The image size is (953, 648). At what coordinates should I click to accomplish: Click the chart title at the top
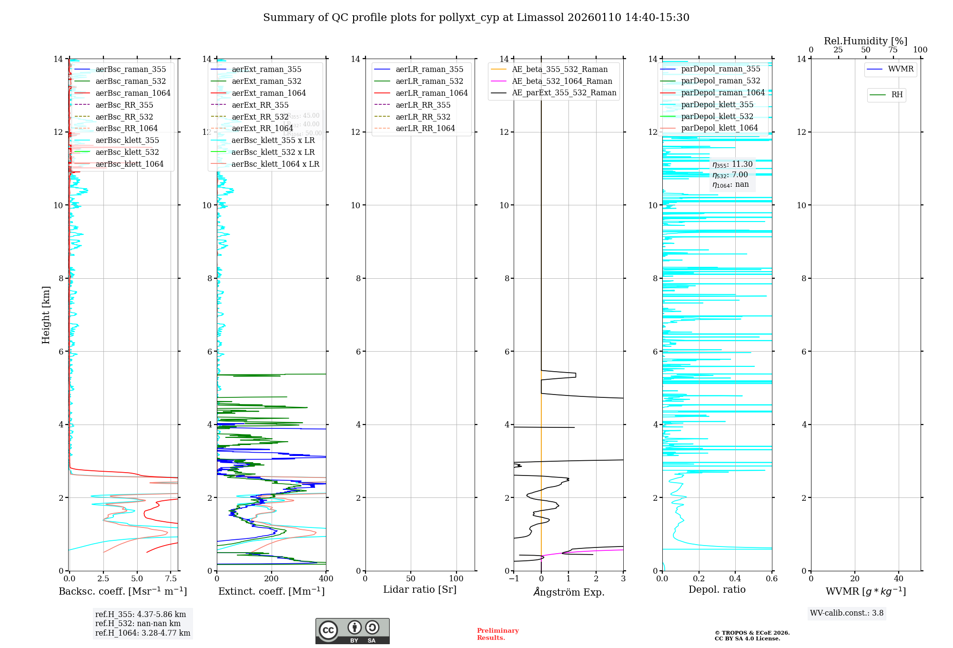476,18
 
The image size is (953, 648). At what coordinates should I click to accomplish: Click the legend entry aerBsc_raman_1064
132,93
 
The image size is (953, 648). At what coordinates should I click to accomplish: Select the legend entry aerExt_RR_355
260,105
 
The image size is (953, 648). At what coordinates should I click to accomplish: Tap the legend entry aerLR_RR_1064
425,128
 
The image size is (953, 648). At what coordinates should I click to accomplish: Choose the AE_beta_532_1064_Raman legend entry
562,81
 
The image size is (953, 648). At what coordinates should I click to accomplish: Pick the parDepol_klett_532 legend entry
717,116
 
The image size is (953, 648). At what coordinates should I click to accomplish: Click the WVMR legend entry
901,69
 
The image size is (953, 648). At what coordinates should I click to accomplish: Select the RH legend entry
897,95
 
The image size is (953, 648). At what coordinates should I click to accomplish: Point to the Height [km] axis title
46,314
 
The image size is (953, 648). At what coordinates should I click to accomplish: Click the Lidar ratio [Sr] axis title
420,589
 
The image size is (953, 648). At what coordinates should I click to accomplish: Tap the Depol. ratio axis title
717,589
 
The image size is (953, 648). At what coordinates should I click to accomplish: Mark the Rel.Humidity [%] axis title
865,41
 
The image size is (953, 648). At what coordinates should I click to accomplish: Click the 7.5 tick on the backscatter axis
171,579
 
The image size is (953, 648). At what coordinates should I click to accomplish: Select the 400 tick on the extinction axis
326,579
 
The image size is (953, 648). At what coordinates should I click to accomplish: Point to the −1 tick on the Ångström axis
514,579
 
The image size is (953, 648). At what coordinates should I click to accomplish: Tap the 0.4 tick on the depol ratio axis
735,579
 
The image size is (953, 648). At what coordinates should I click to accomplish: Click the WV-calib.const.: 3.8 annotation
847,613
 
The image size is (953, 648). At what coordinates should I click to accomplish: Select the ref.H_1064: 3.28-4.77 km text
142,633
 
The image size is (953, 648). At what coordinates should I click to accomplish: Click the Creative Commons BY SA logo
352,631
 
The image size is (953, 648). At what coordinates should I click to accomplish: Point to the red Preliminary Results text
497,634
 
